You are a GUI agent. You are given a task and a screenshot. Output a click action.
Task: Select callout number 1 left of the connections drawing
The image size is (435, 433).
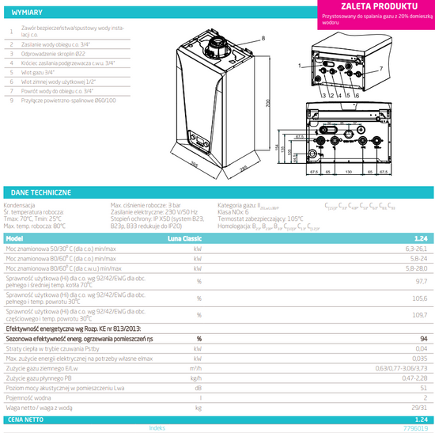click(x=301, y=66)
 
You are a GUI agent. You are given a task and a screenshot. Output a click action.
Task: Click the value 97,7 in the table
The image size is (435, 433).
click(x=421, y=280)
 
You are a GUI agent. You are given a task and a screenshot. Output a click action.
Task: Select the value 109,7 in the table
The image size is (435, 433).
click(x=421, y=314)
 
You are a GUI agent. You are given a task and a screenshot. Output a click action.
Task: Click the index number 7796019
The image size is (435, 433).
click(x=417, y=428)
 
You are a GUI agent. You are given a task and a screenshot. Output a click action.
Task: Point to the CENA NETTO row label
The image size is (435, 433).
click(x=25, y=419)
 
